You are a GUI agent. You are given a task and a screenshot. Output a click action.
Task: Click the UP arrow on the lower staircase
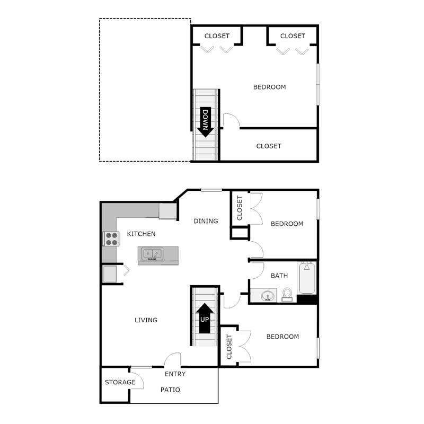click(x=205, y=317)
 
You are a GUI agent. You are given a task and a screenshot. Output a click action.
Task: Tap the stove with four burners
click(x=111, y=239)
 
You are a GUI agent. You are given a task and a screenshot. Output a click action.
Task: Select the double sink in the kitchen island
click(x=152, y=255)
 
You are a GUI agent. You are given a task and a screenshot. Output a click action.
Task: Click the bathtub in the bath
click(x=307, y=278)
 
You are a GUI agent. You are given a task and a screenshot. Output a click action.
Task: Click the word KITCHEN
click(x=141, y=234)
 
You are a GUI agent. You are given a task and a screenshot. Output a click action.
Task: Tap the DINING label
click(x=206, y=221)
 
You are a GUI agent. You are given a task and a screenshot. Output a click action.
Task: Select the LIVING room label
click(x=146, y=320)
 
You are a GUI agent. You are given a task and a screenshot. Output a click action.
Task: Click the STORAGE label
click(x=120, y=382)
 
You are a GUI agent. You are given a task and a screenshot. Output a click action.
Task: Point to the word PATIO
click(x=170, y=390)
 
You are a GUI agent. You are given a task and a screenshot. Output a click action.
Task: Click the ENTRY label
click(x=175, y=374)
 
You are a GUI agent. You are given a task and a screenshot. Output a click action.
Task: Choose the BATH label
click(x=279, y=276)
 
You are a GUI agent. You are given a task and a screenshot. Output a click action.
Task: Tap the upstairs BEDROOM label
click(x=269, y=87)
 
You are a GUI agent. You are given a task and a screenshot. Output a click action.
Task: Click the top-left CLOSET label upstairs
click(x=217, y=36)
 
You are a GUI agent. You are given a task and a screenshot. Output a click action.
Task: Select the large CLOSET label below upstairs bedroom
click(x=269, y=146)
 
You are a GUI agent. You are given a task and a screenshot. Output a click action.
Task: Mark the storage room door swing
click(x=136, y=382)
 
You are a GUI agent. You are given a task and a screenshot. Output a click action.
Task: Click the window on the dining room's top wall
click(x=211, y=190)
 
